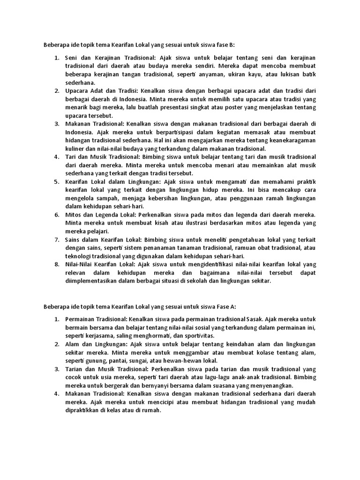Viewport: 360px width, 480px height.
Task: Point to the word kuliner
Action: pyautogui.click(x=75, y=149)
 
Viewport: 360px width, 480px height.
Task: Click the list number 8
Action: pyautogui.click(x=56, y=264)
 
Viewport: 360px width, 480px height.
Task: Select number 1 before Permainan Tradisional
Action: pyautogui.click(x=56, y=319)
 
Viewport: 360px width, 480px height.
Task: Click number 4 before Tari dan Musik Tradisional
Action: pyautogui.click(x=56, y=157)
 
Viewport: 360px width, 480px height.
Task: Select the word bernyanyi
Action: pyautogui.click(x=140, y=385)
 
